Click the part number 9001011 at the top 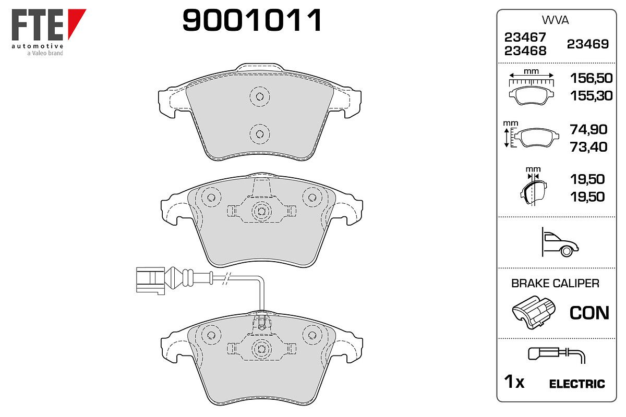click(x=252, y=20)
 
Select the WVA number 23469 click(x=588, y=44)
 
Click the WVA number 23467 click(x=525, y=37)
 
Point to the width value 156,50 click(x=592, y=78)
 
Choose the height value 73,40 click(x=588, y=147)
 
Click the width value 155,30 click(x=592, y=96)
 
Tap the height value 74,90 click(x=588, y=129)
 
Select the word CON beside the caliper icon click(x=589, y=313)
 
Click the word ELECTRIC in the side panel click(x=577, y=384)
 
